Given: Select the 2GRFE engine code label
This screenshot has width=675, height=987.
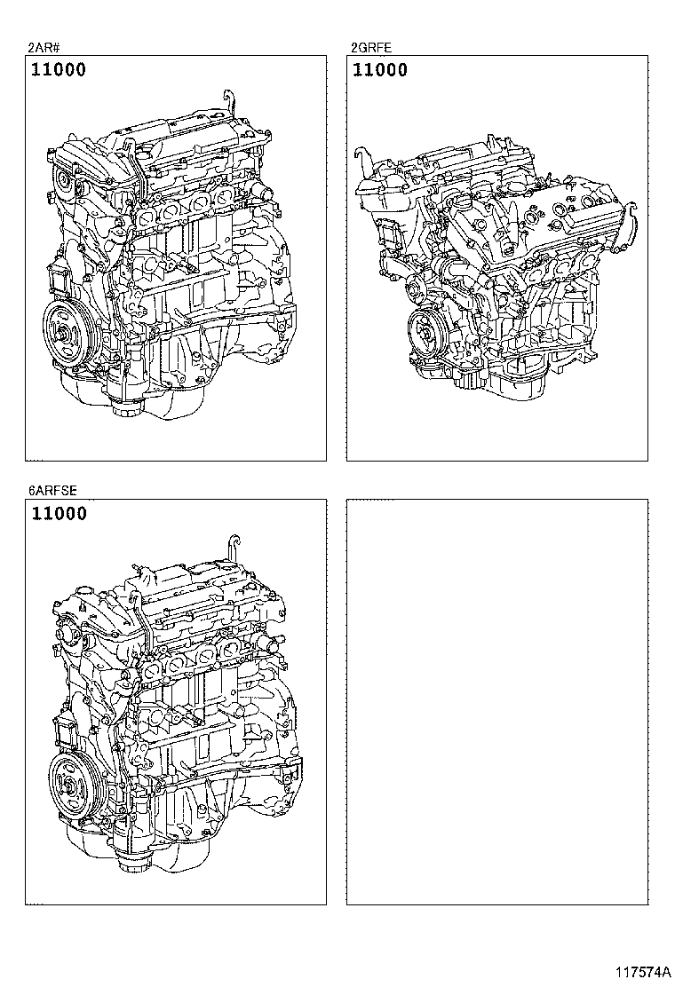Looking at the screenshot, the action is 371,47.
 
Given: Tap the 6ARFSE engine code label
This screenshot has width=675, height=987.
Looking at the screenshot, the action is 52,491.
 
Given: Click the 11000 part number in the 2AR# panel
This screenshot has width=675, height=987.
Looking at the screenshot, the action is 59,69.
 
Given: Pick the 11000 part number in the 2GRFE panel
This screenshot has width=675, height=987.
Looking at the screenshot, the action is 380,69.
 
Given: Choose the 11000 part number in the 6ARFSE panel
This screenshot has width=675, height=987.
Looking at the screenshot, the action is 59,513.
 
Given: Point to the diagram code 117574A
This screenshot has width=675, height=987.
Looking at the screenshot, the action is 643,972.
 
